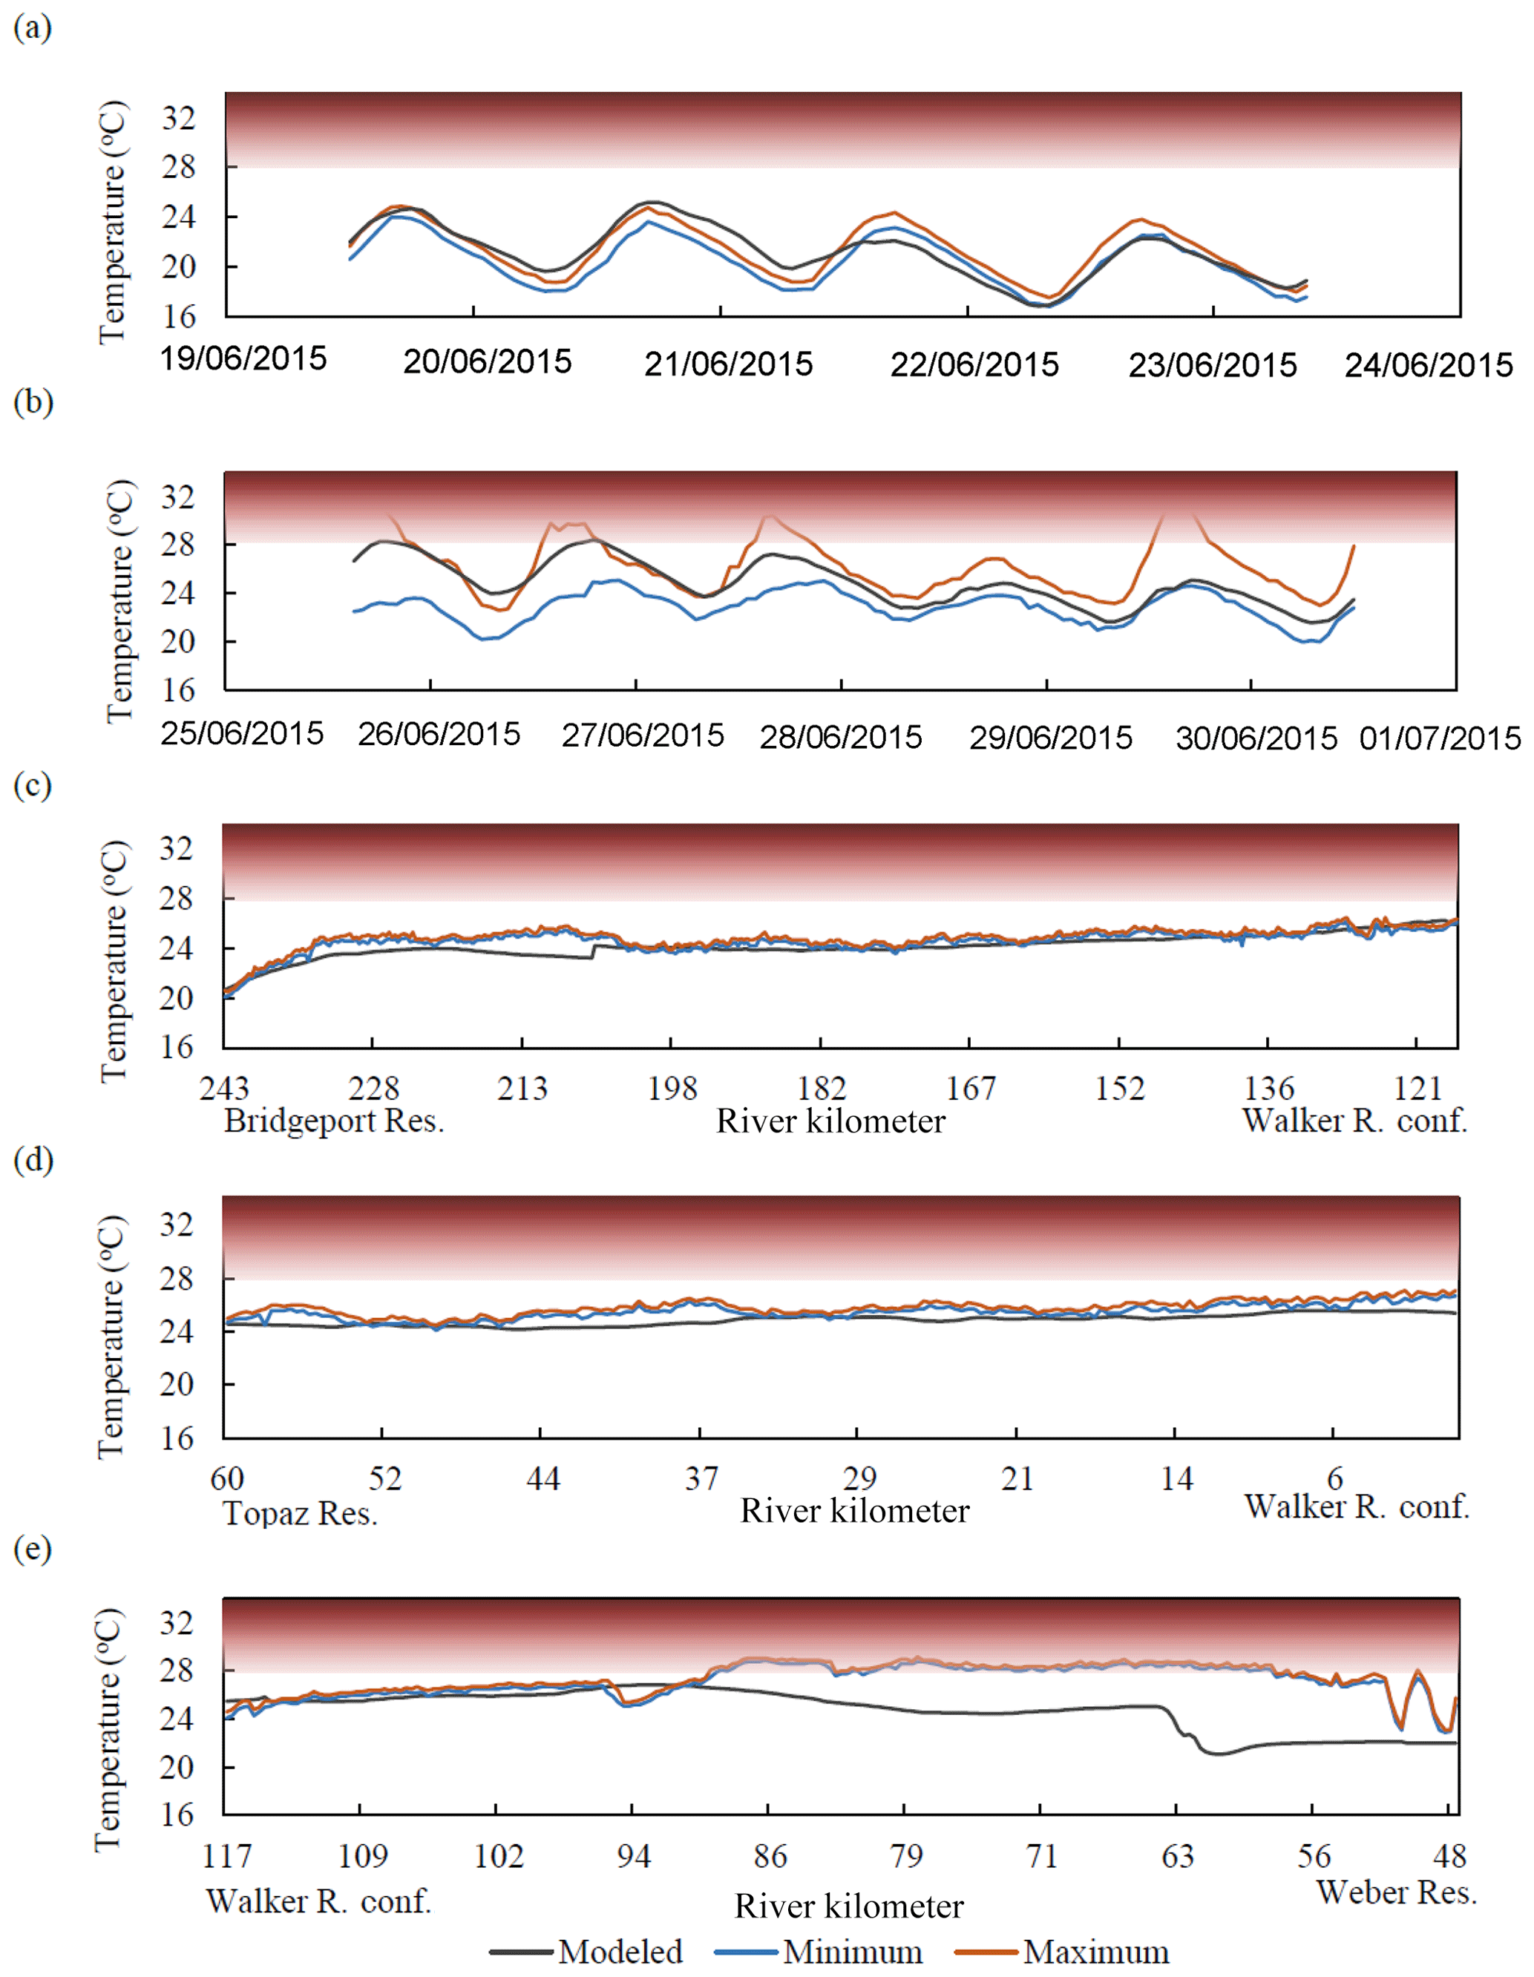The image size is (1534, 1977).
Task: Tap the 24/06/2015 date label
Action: (1428, 366)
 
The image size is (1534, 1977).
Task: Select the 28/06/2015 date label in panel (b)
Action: (840, 737)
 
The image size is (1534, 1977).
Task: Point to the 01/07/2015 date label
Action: (1439, 738)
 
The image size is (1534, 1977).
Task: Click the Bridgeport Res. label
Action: (334, 1121)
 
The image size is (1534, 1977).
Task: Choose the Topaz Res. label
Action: (301, 1512)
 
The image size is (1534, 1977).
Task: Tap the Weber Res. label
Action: (1397, 1891)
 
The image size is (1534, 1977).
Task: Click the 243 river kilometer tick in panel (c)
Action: (223, 1088)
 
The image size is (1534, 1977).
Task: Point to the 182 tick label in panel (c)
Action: (821, 1088)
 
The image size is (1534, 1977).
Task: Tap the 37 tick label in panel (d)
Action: (701, 1479)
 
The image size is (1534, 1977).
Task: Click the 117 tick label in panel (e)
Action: (226, 1857)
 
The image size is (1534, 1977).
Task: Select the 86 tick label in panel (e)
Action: (770, 1857)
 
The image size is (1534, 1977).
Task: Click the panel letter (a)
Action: (33, 28)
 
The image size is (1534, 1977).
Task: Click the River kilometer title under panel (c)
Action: (830, 1121)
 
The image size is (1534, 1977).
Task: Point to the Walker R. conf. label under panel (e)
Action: (318, 1901)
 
